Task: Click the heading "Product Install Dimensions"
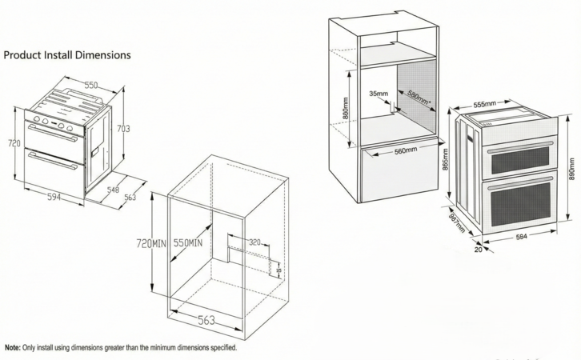[67, 55]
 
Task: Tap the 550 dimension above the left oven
[93, 85]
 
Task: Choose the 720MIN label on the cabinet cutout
[150, 242]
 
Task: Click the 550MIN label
[186, 242]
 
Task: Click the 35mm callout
[379, 94]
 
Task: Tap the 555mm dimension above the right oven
[485, 104]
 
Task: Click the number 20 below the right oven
[478, 249]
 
